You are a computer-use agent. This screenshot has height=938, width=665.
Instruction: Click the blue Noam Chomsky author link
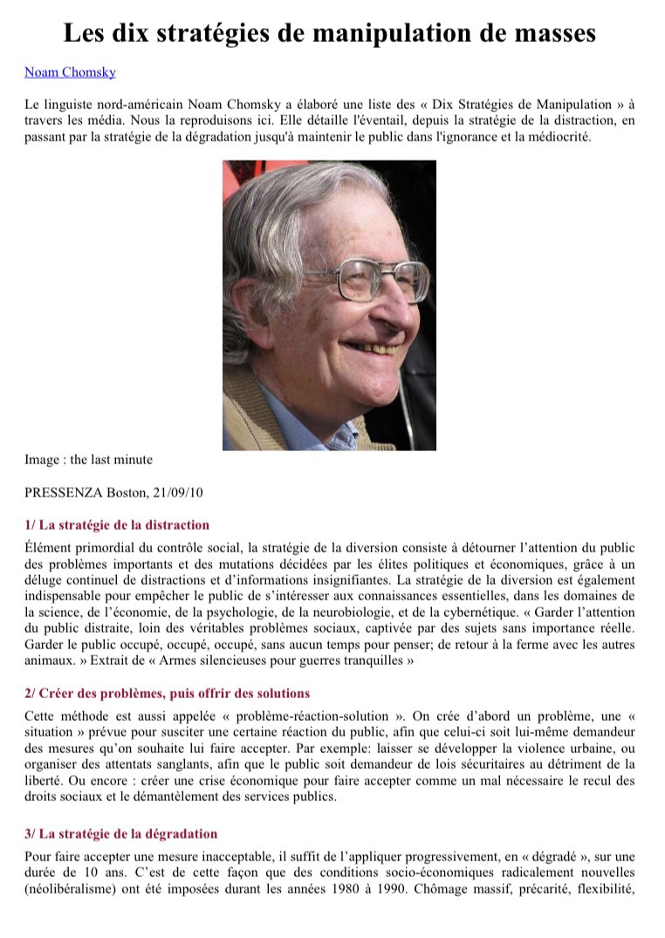(x=70, y=72)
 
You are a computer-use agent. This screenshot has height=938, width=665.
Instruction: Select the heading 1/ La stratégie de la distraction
(x=117, y=525)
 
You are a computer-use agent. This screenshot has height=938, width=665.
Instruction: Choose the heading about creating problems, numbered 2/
(x=167, y=694)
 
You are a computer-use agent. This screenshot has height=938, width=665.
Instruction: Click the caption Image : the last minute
(x=88, y=459)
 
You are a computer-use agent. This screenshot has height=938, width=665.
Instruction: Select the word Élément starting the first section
(x=49, y=548)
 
